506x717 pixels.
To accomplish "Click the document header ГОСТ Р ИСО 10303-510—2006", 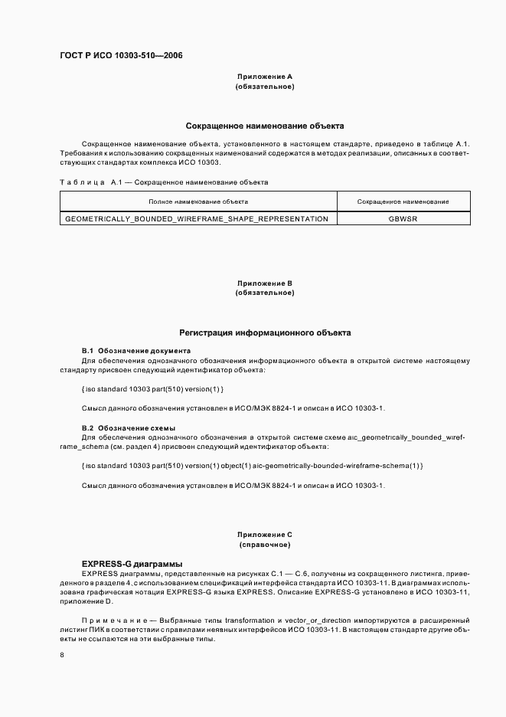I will tap(121, 55).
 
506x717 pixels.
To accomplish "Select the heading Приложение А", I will tap(265, 77).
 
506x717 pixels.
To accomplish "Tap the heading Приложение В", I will tap(265, 283).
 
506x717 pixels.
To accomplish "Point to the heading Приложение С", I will tap(265, 535).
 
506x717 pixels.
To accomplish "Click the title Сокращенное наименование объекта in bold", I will tap(265, 125).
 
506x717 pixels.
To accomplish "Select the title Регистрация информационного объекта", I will tap(265, 333).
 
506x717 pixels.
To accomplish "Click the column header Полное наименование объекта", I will tap(198, 201).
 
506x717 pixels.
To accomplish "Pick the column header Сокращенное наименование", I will tap(403, 201).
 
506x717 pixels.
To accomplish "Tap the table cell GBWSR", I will tap(403, 219).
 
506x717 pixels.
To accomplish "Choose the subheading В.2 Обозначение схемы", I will tap(129, 427).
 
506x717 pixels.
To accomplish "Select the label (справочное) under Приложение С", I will tap(265, 545).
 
